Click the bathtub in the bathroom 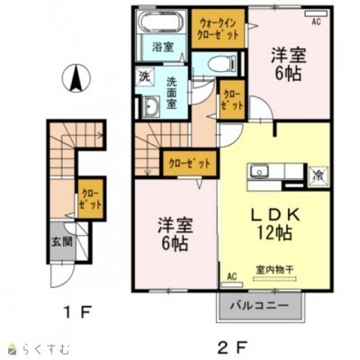(x=161, y=22)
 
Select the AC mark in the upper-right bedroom (x=316, y=13)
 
